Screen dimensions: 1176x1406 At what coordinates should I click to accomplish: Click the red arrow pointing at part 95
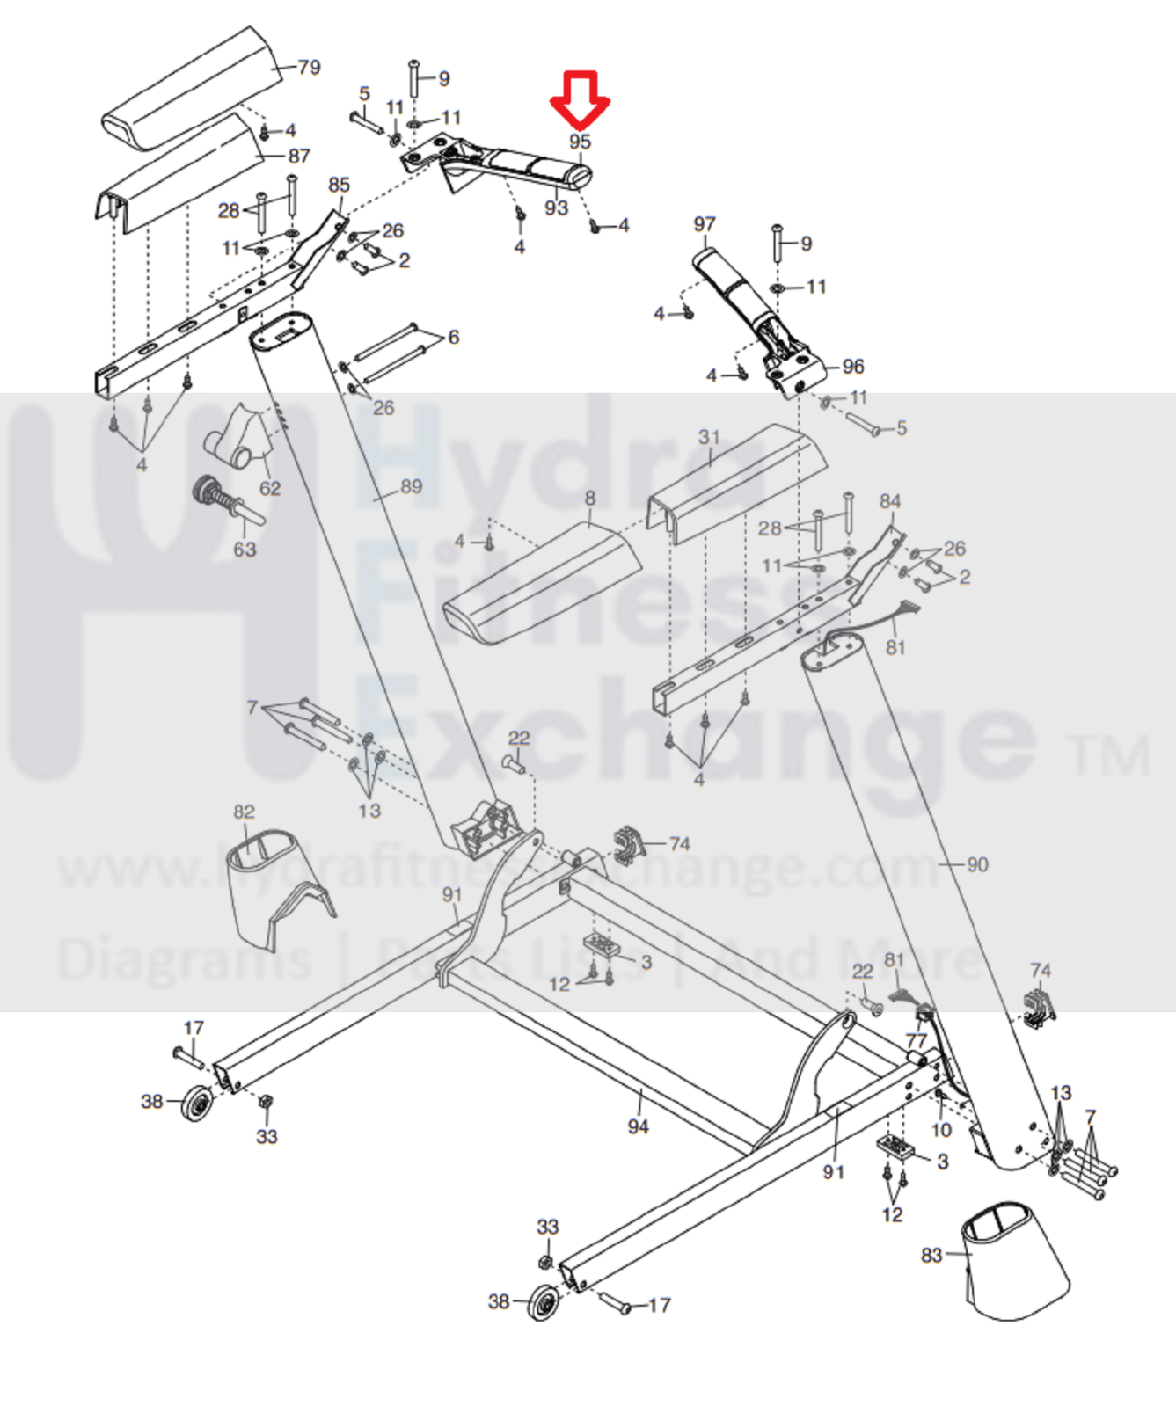[x=580, y=98]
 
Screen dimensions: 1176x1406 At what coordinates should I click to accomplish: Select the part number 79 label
[x=309, y=68]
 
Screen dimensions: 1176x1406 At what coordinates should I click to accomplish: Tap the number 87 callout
[x=299, y=156]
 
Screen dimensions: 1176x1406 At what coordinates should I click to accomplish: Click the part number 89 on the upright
[x=411, y=486]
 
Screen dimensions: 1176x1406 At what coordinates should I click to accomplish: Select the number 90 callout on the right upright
[x=977, y=864]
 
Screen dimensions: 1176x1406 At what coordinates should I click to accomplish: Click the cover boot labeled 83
[x=1012, y=1262]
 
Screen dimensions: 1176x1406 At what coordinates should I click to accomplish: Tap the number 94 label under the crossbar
[x=638, y=1126]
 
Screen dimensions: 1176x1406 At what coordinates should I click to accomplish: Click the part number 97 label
[x=705, y=224]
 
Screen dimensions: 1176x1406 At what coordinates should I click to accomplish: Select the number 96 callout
[x=852, y=366]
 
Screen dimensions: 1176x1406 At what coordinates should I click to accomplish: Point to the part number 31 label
[x=709, y=437]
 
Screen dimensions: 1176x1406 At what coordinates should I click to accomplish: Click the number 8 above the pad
[x=589, y=499]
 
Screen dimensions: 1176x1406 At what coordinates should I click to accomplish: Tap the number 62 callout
[x=269, y=488]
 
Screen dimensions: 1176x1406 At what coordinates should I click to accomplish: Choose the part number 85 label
[x=340, y=185]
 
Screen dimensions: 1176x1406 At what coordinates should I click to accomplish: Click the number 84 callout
[x=890, y=501]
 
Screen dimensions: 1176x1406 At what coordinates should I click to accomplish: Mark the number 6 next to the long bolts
[x=453, y=337]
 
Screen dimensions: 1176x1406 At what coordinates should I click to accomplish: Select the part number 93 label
[x=556, y=208]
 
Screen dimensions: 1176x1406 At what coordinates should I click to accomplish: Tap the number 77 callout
[x=917, y=1041]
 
